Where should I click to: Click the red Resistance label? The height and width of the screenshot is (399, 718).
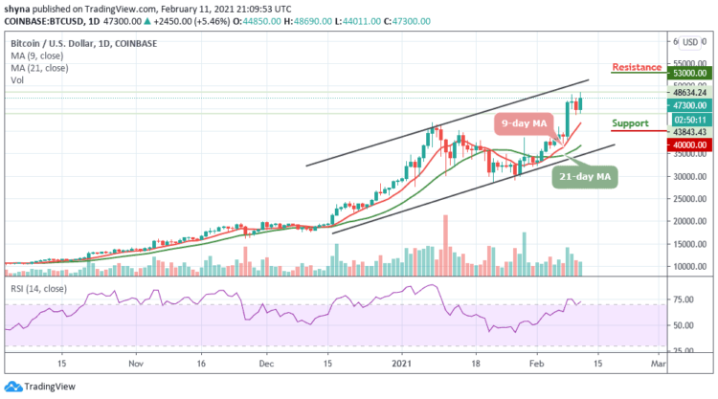coord(636,67)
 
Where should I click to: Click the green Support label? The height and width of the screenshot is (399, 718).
coord(630,123)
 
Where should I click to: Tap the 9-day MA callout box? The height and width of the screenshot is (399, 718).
coord(527,124)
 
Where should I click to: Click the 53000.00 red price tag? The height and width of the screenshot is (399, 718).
coord(688,73)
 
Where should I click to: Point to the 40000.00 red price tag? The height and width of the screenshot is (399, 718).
coord(688,144)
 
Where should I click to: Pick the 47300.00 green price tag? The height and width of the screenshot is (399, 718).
coord(688,104)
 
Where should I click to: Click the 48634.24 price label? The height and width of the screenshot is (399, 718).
coord(688,93)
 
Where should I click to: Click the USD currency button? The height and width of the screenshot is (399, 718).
coord(688,42)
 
